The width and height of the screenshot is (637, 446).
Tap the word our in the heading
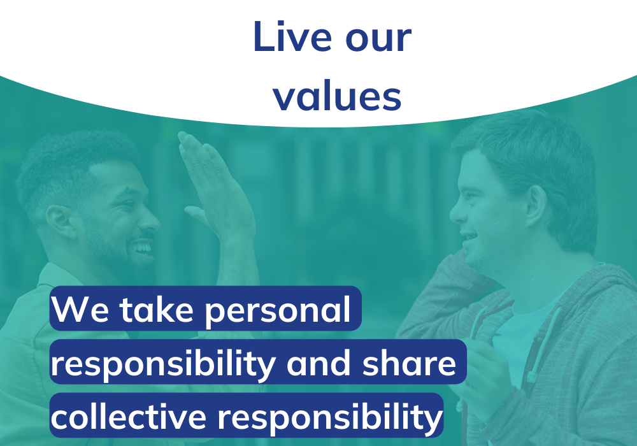point(378,40)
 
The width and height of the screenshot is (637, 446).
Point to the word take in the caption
point(157,309)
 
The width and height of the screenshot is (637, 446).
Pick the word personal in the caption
point(278,311)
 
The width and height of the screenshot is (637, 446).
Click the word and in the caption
point(318,363)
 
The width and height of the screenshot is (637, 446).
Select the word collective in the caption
point(129,416)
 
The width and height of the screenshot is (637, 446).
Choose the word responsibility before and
point(163,364)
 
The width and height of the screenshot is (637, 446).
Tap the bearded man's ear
point(61,221)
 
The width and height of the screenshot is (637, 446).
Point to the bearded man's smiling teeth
point(142,247)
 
